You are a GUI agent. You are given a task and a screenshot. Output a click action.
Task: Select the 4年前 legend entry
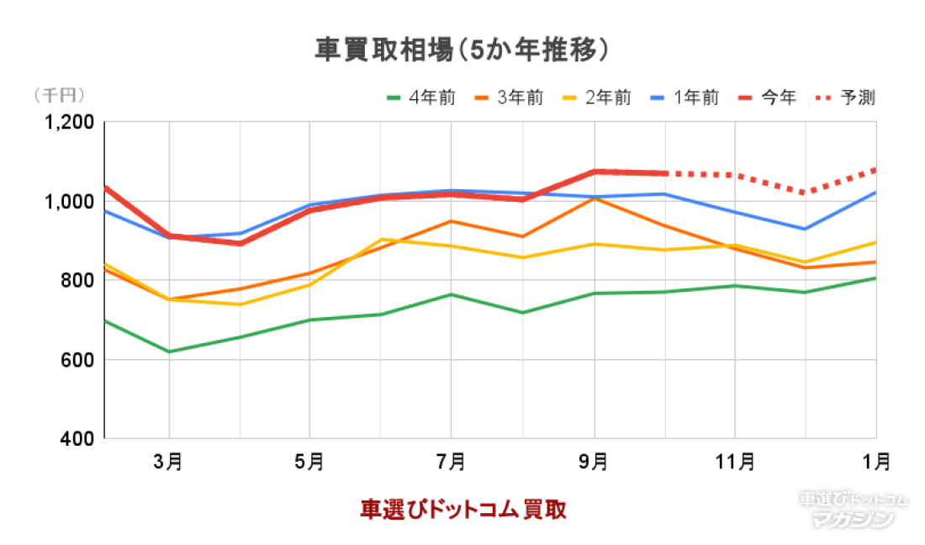(x=420, y=98)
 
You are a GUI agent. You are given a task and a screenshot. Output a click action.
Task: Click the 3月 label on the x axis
(x=169, y=461)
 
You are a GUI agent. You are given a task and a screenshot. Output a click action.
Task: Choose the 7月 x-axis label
(x=452, y=461)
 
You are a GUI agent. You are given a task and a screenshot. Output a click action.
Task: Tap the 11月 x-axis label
(x=735, y=461)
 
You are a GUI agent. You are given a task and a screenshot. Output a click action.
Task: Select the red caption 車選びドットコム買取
(x=462, y=510)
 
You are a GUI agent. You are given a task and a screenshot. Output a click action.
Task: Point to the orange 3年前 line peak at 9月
(x=595, y=198)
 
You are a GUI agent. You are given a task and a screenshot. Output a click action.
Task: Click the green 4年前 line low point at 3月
(x=169, y=352)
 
